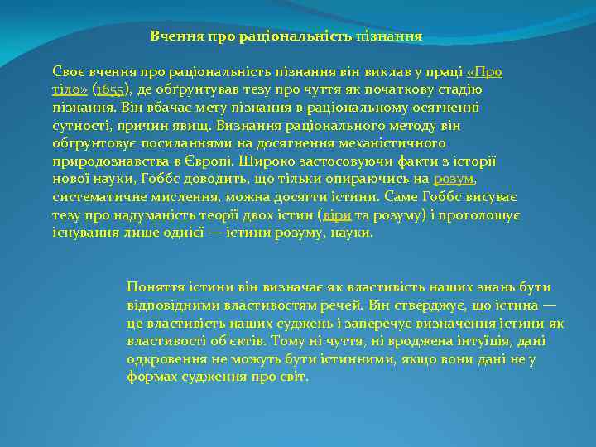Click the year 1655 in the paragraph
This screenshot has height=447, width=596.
pos(109,89)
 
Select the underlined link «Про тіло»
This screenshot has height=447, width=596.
pos(485,72)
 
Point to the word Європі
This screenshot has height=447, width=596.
pos(214,161)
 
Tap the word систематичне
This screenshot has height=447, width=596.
pos(98,197)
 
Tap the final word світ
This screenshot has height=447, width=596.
pos(293,377)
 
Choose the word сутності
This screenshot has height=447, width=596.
pos(77,126)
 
